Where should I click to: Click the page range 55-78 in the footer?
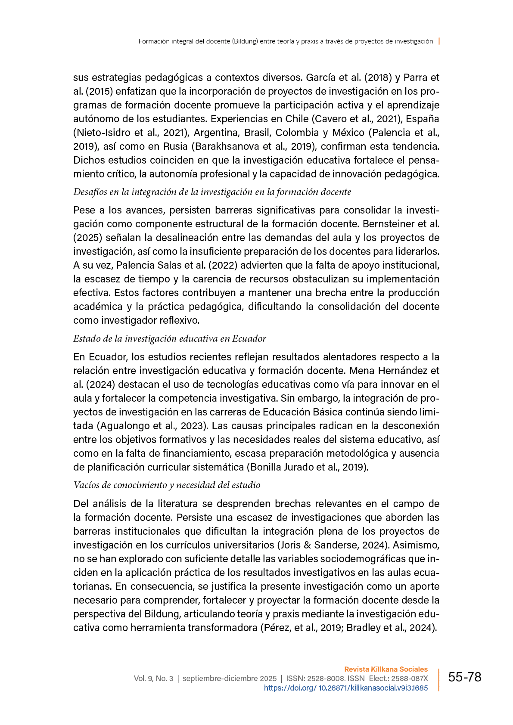pos(464,677)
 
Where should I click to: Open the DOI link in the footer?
pos(345,688)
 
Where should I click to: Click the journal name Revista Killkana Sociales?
pos(386,669)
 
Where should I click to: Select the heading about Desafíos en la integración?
pos(212,192)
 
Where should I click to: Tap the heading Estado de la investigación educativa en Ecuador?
pos(170,339)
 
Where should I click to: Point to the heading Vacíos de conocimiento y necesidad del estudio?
pos(167,485)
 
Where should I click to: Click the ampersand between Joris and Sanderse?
pos(307,545)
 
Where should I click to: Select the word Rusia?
pos(175,146)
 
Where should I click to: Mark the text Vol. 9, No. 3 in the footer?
pos(153,679)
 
